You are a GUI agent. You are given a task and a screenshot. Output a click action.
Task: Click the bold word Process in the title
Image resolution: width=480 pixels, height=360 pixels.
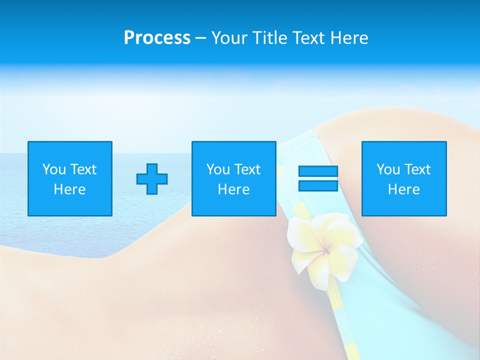(x=157, y=38)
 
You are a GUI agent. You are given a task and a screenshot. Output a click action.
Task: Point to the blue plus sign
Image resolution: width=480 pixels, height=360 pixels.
(x=152, y=178)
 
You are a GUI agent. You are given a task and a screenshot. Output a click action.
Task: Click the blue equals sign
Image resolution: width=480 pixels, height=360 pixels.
(x=318, y=178)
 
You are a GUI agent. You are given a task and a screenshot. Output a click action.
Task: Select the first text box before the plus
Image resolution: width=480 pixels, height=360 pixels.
(x=70, y=178)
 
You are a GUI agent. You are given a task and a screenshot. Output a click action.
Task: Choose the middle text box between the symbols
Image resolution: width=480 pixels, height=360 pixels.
(x=233, y=178)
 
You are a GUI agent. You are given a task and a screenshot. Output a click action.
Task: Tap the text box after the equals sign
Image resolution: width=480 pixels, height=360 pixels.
(x=404, y=178)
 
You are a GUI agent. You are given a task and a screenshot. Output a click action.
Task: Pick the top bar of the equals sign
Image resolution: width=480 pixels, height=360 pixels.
(x=318, y=171)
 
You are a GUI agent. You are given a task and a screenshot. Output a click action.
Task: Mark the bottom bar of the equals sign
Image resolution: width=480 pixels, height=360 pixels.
(x=318, y=185)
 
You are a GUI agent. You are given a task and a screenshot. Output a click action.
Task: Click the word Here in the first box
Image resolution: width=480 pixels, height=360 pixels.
(x=69, y=189)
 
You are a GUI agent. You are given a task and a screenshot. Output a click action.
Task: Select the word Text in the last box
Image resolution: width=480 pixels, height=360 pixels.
(x=417, y=169)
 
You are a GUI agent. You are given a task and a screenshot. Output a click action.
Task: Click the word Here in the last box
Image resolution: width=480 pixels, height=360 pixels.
(x=403, y=189)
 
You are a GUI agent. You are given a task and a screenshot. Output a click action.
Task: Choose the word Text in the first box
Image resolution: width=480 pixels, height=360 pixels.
(x=83, y=169)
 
